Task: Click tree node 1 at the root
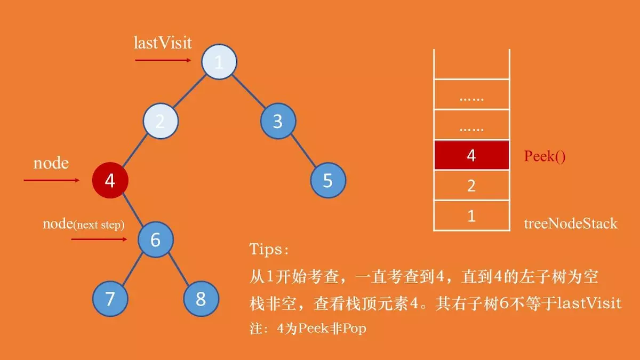pos(219,62)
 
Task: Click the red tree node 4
pos(110,180)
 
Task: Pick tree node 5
pos(328,180)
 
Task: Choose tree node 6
pos(155,239)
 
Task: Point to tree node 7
pos(110,299)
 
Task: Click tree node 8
pos(201,299)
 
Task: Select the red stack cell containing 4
pos(471,155)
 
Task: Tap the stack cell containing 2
pos(471,186)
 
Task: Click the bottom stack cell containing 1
pos(471,216)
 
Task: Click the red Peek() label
pos(544,156)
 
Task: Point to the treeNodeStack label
pos(571,223)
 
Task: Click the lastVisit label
pos(162,43)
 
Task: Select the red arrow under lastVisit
pos(163,60)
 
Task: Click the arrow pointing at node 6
pos(99,239)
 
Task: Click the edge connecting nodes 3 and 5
pos(303,151)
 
